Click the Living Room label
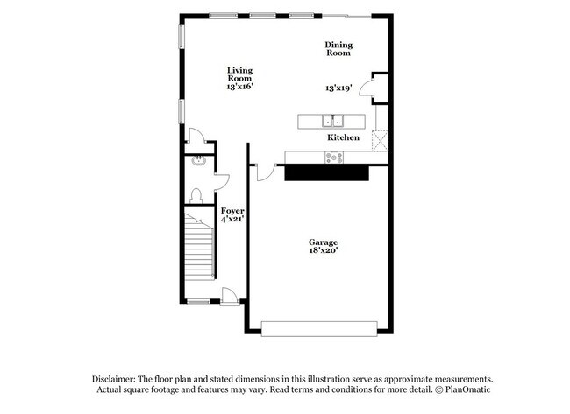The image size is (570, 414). [239, 74]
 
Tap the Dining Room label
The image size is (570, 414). [338, 49]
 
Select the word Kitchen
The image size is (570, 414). [344, 138]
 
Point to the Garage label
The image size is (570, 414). [323, 242]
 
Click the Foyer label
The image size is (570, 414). [232, 211]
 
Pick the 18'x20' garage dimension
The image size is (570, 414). [323, 250]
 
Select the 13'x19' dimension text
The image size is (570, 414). [338, 88]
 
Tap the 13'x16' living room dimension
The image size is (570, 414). [239, 88]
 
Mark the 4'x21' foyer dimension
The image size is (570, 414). [232, 220]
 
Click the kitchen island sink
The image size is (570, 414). [332, 121]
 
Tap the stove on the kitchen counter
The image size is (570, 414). [334, 158]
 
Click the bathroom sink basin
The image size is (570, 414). [198, 160]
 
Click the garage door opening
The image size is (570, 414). [319, 328]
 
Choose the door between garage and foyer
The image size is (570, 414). [265, 172]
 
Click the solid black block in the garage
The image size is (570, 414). [325, 173]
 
